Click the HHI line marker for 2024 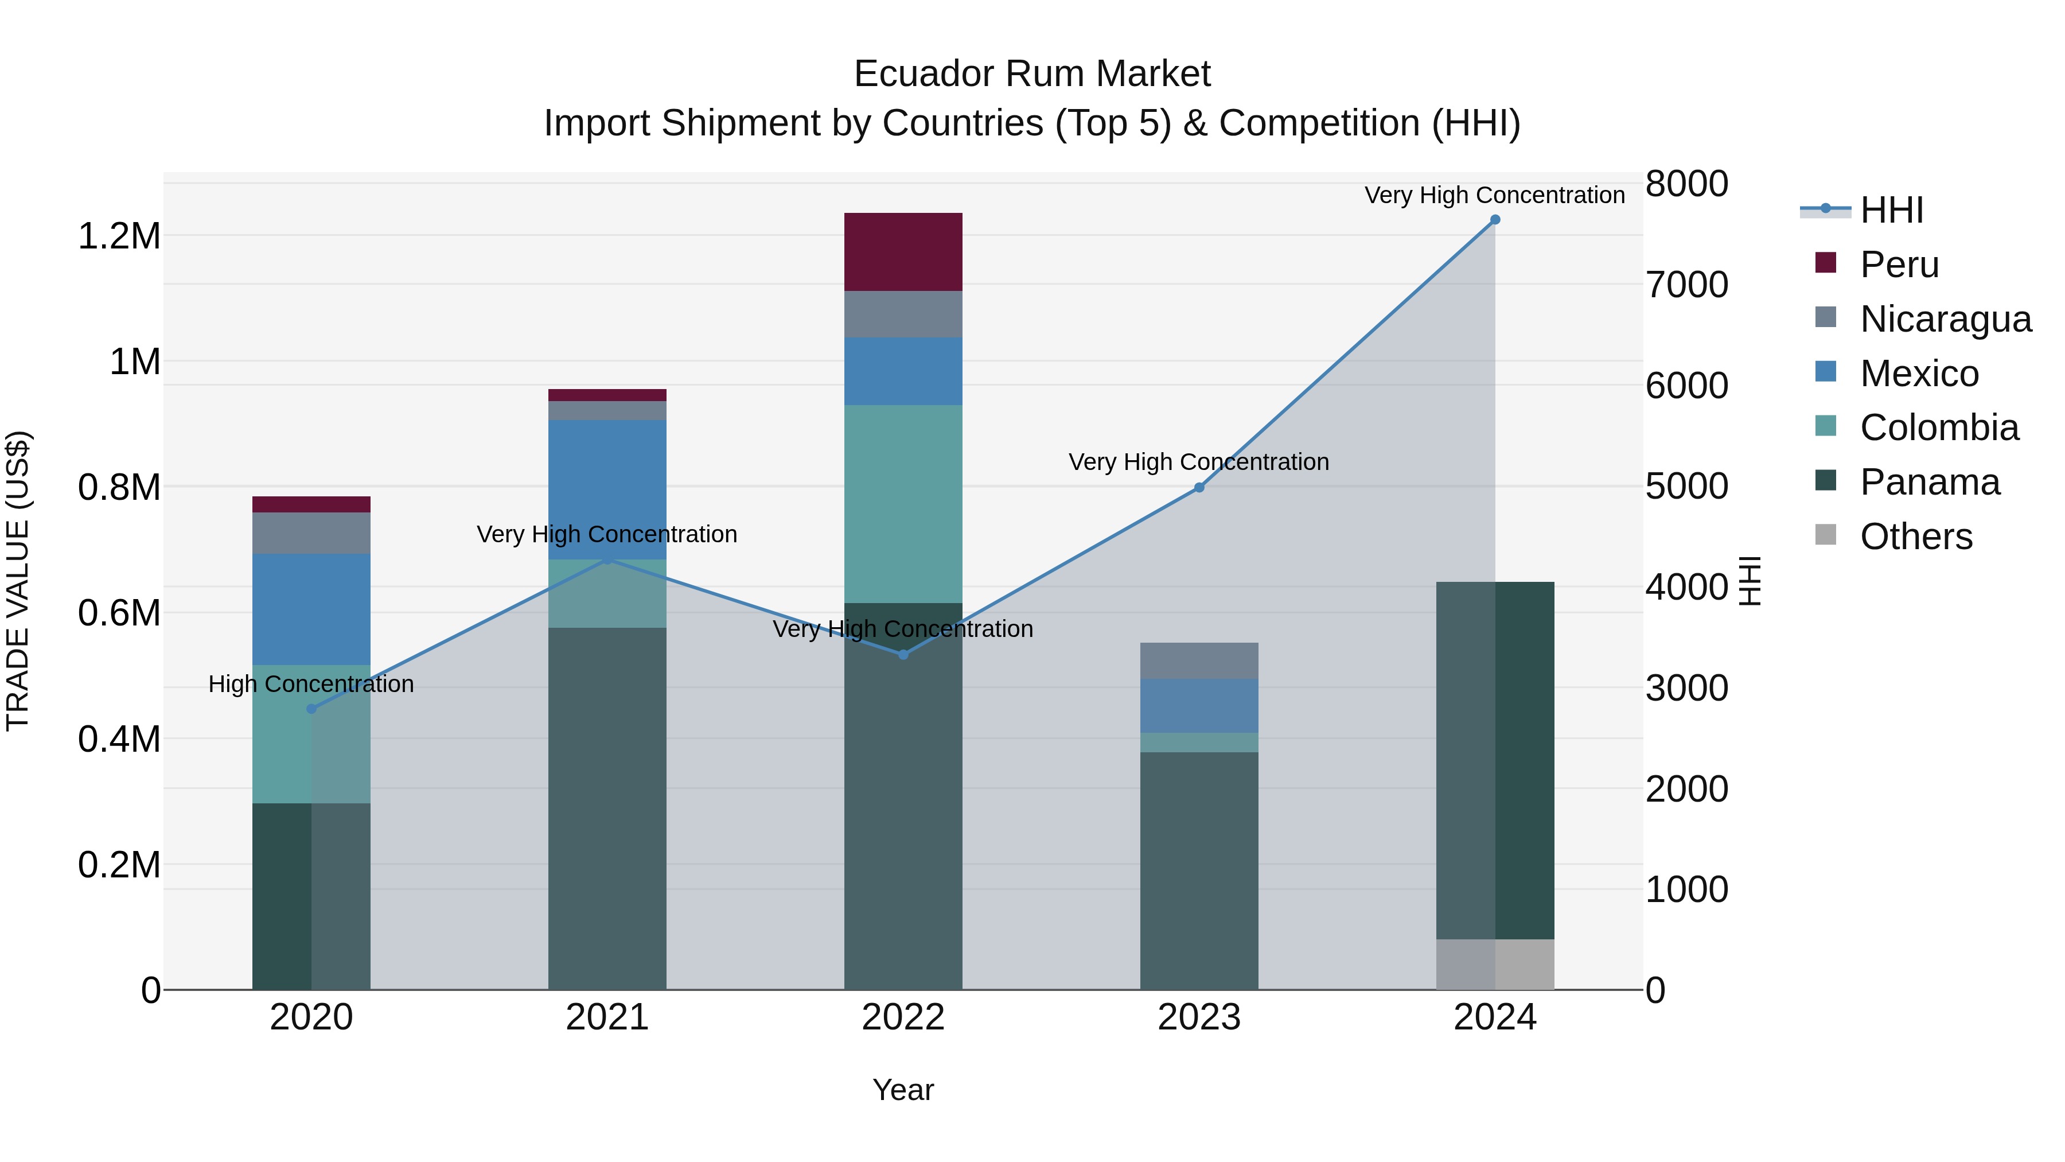pyautogui.click(x=1494, y=220)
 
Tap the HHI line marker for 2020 pyautogui.click(x=312, y=709)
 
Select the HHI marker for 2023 pyautogui.click(x=1199, y=488)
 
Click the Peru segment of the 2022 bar pyautogui.click(x=903, y=252)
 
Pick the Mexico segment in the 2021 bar pyautogui.click(x=607, y=489)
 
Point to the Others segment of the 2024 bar pyautogui.click(x=1494, y=964)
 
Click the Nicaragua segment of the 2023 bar pyautogui.click(x=1199, y=661)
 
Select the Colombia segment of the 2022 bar pyautogui.click(x=903, y=504)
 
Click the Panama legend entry pyautogui.click(x=1930, y=483)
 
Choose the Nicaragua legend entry pyautogui.click(x=1946, y=319)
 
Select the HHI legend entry pyautogui.click(x=1892, y=210)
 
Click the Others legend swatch pyautogui.click(x=1825, y=535)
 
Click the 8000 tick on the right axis pyautogui.click(x=1686, y=184)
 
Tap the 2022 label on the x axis pyautogui.click(x=903, y=1017)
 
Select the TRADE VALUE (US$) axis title pyautogui.click(x=18, y=581)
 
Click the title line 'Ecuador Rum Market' pyautogui.click(x=1032, y=74)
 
